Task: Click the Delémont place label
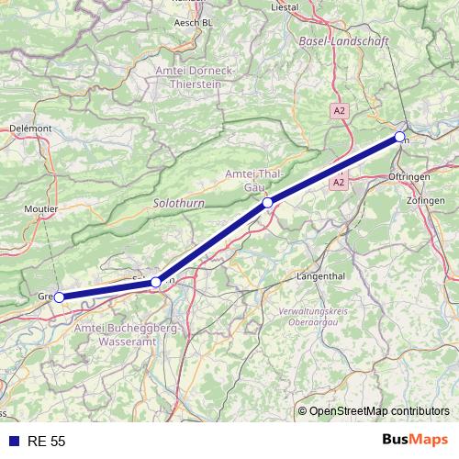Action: click(x=31, y=129)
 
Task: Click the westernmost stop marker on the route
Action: click(x=59, y=297)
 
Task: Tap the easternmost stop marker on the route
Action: click(x=400, y=137)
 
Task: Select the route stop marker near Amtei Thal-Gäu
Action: click(x=267, y=202)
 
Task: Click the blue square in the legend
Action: click(x=12, y=442)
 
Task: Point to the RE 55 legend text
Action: click(x=46, y=442)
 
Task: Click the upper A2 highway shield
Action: click(x=340, y=110)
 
